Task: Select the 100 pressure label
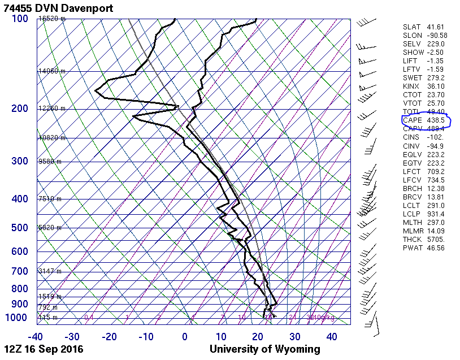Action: (x=20, y=19)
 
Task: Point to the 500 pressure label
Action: (x=20, y=228)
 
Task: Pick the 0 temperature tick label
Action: (x=185, y=337)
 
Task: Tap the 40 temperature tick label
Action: (x=332, y=337)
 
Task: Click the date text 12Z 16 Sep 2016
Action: (x=44, y=349)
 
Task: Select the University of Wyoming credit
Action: (x=264, y=349)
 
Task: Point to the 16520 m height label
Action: (x=51, y=19)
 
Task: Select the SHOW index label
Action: (x=413, y=53)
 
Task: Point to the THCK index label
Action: (x=413, y=239)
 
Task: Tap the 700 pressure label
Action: (x=20, y=271)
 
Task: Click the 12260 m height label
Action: (x=51, y=109)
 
